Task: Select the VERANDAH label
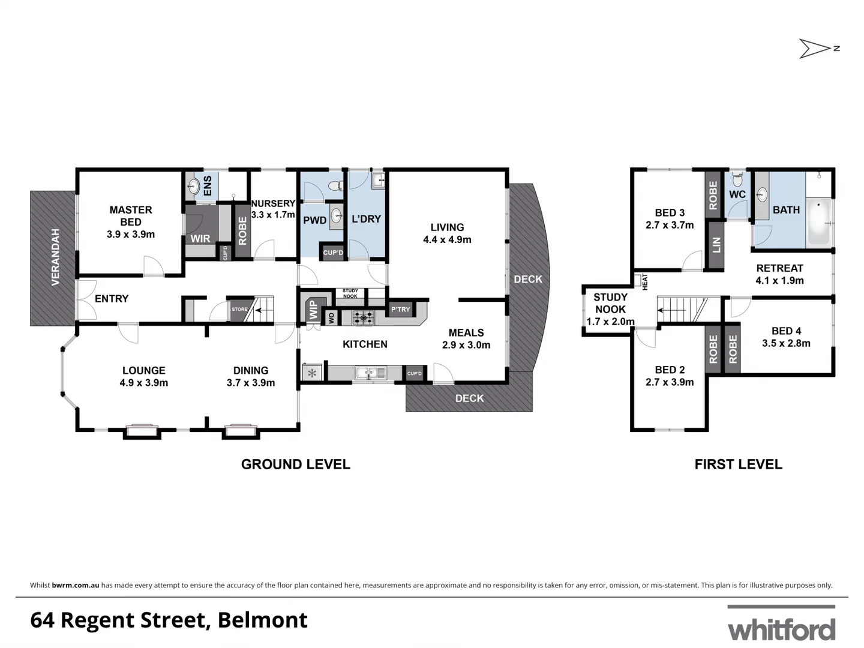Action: coord(56,257)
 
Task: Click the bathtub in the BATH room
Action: coord(818,222)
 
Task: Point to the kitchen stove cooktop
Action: coord(363,318)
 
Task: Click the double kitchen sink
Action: coord(370,373)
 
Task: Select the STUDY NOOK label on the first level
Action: coord(610,303)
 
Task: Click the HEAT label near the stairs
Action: coord(645,282)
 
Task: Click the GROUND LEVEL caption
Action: coord(295,464)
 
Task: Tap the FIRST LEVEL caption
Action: coord(738,464)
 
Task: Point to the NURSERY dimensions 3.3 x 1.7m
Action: coord(273,215)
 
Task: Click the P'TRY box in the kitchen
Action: coord(400,310)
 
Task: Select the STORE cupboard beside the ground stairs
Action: coord(239,309)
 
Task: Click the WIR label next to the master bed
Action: coord(200,238)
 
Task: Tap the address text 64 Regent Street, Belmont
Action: coord(169,620)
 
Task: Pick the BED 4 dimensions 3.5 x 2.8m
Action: coord(786,343)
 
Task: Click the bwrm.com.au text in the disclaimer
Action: coord(76,585)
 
